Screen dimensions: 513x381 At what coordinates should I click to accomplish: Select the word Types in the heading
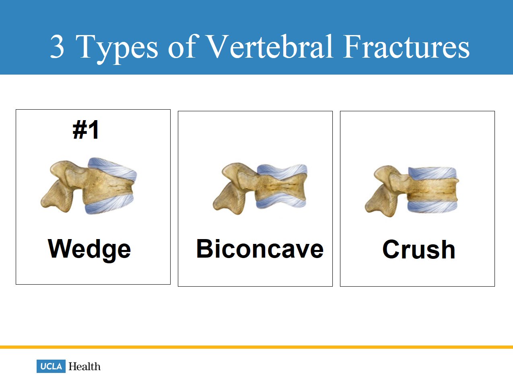tap(117, 49)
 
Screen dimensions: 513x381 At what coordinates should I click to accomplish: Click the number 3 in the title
tap(57, 46)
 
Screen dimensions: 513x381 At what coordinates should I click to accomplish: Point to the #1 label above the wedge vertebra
tap(86, 130)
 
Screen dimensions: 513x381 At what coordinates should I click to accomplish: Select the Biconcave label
tap(260, 249)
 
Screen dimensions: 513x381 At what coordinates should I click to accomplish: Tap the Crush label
tap(419, 250)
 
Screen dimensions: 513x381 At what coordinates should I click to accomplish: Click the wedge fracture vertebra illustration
tap(89, 186)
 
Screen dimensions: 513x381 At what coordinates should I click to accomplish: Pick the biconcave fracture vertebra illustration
tap(260, 189)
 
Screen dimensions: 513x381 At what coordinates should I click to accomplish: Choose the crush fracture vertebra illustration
tap(412, 191)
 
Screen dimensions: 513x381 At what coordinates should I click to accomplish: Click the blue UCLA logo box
tap(51, 366)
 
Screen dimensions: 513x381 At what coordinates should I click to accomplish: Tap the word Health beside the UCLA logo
tap(84, 366)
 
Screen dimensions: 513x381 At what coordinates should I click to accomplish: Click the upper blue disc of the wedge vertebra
tap(113, 169)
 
